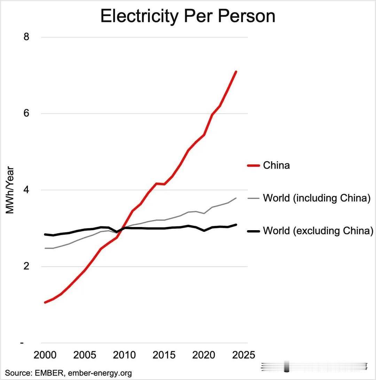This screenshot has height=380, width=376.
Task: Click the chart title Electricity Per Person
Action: click(x=188, y=16)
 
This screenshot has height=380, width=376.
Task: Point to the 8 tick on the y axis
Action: click(x=26, y=37)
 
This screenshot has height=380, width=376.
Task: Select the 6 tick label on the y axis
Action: click(x=26, y=113)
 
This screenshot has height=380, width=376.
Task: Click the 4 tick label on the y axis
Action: click(x=26, y=190)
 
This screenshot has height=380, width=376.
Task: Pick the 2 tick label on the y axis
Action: click(x=26, y=266)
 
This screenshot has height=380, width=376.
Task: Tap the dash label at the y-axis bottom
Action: click(x=22, y=343)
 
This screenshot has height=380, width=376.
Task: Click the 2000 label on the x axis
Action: click(x=45, y=355)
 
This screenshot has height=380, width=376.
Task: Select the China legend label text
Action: click(x=276, y=165)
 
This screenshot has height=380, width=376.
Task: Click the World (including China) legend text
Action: click(x=316, y=198)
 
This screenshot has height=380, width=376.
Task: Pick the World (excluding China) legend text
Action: click(x=318, y=231)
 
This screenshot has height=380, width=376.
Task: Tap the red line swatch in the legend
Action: click(x=253, y=165)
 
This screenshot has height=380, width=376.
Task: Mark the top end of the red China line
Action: click(x=236, y=72)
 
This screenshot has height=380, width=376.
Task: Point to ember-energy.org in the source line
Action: click(x=100, y=373)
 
